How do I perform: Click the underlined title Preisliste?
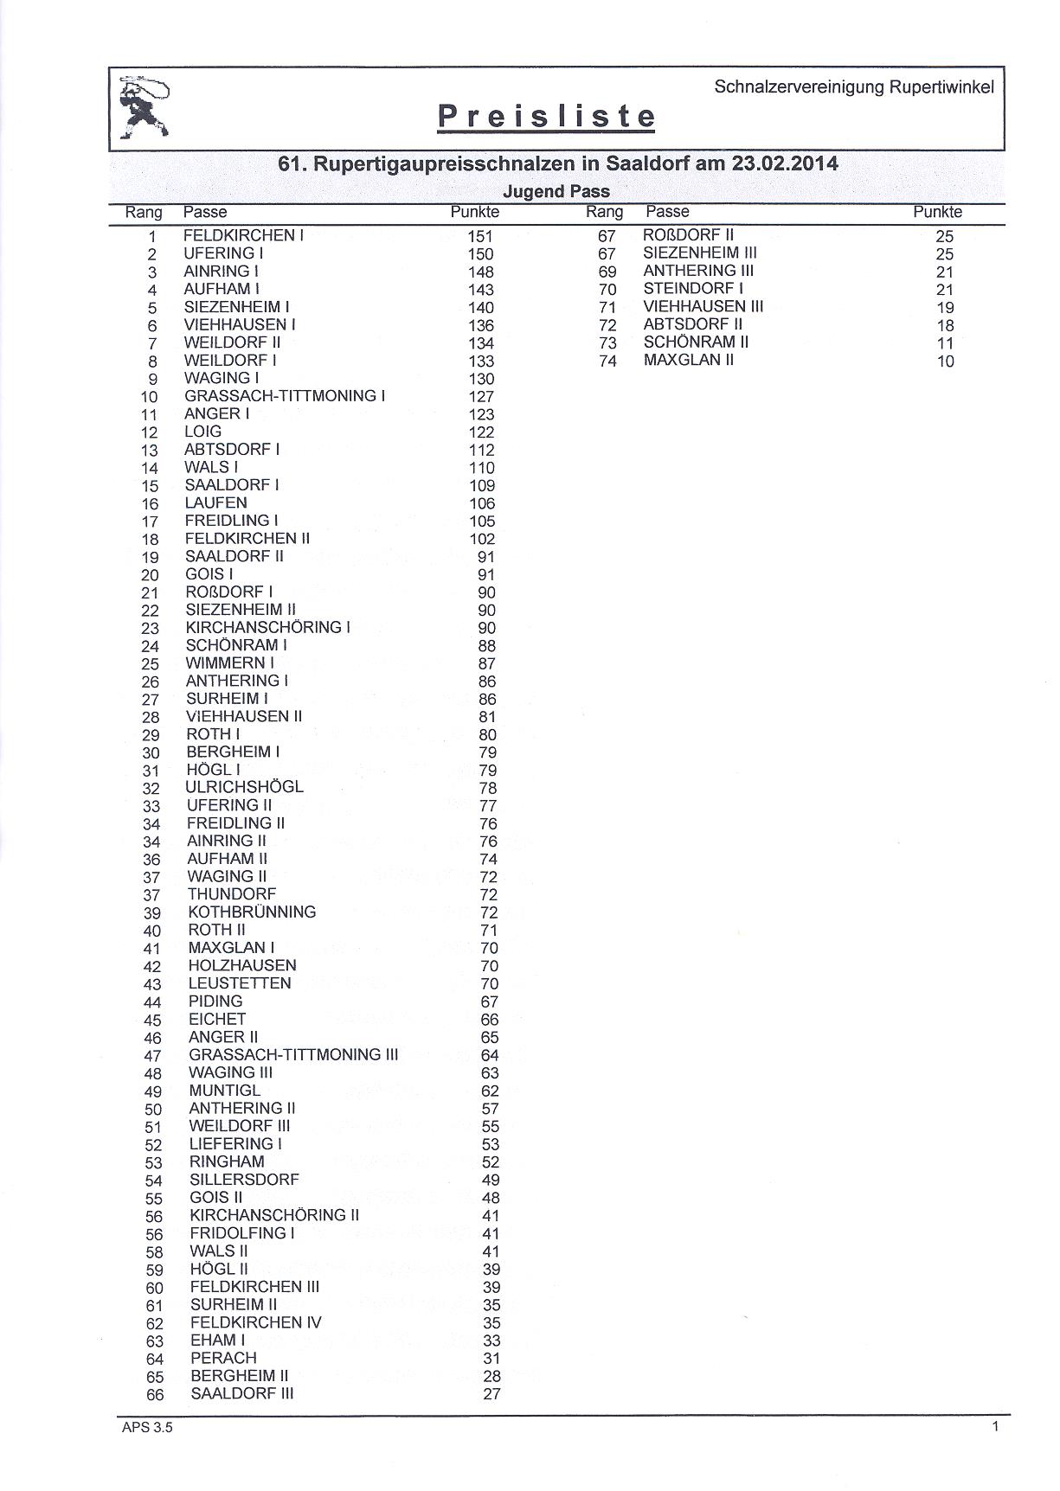[546, 117]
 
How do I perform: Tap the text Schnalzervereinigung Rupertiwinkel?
[854, 86]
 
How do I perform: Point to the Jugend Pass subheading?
[556, 191]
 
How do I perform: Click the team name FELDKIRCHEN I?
[243, 235]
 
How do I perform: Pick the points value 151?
[480, 236]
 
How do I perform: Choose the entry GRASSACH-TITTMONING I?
[285, 396]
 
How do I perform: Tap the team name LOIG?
[203, 432]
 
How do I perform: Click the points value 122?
[481, 432]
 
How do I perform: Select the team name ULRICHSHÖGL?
[245, 787]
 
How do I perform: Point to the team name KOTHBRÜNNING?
[252, 912]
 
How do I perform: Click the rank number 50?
[153, 1110]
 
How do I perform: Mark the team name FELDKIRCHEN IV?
[255, 1322]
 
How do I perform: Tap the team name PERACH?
[223, 1358]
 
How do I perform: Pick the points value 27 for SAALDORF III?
[491, 1393]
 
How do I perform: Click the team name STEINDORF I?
[693, 289]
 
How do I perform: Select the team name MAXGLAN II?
[689, 360]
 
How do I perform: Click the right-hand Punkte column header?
[937, 212]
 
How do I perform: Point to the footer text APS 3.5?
[147, 1427]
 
